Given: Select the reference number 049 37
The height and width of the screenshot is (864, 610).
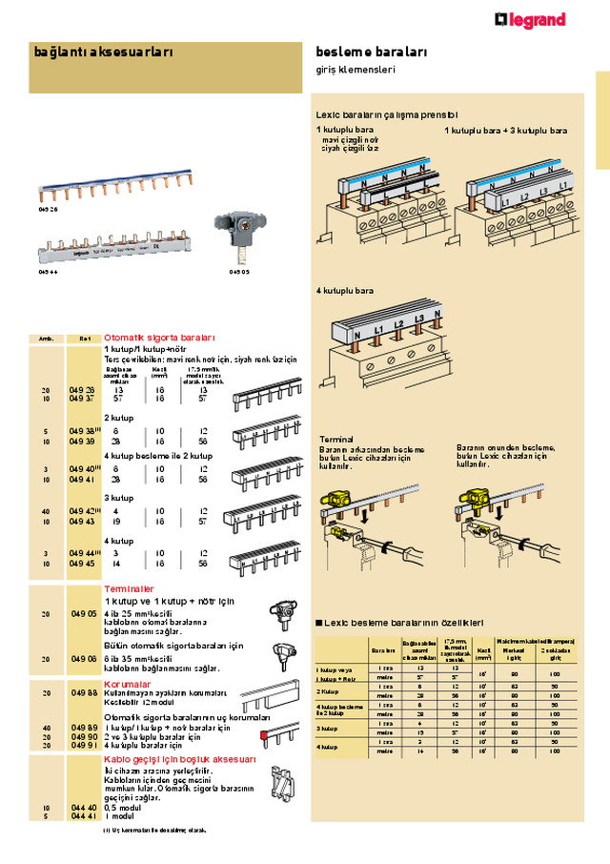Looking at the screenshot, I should pos(82,400).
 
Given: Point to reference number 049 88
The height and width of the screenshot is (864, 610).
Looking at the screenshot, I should pos(82,692).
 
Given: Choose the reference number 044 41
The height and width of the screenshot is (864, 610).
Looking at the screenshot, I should pos(82,816).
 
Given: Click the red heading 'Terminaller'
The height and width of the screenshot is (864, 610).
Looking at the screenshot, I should pos(129,588).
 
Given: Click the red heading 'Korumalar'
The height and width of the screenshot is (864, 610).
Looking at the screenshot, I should pos(126,684).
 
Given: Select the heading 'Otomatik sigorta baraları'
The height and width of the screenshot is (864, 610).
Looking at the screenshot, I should pos(159,338).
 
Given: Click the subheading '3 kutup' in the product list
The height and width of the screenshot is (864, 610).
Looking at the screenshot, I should pos(118,498).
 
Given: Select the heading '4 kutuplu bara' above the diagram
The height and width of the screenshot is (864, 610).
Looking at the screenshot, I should pos(345,290).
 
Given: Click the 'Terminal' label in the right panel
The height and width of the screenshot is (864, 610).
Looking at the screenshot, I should pos(336,439).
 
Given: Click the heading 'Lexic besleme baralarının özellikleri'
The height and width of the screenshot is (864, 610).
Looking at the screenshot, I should pos(405,622).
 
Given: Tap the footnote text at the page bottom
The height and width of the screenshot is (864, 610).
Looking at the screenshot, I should pos(154,830).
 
